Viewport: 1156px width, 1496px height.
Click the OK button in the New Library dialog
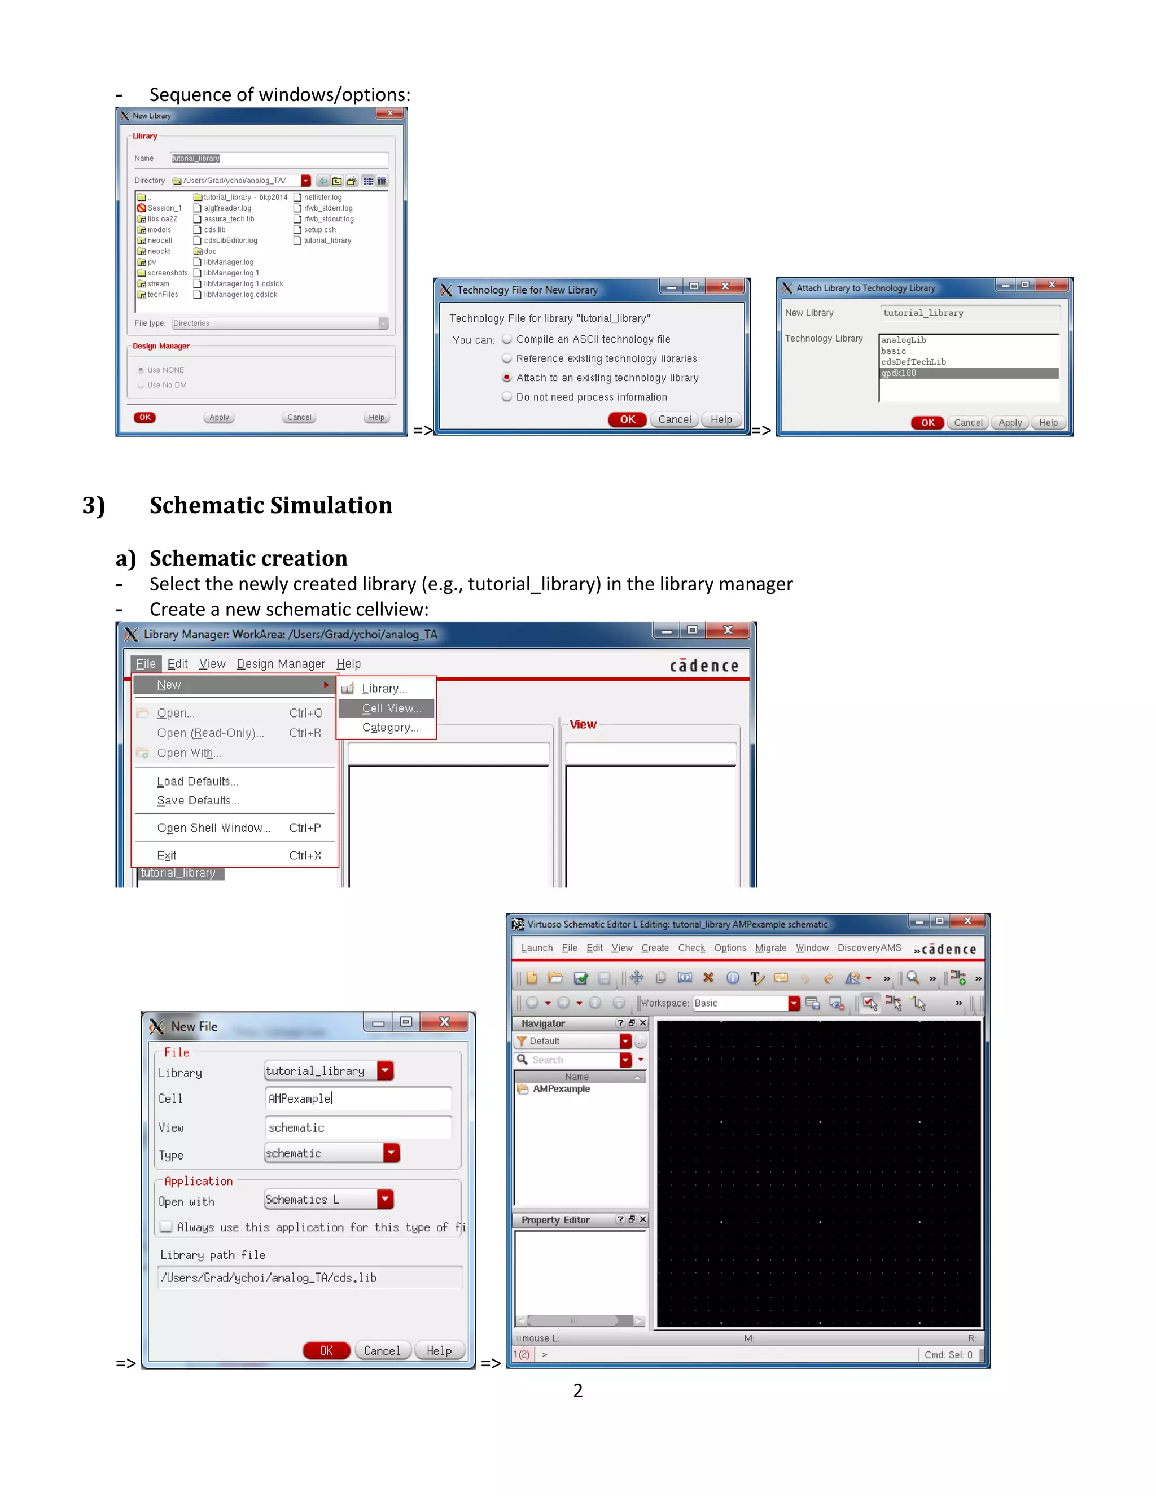(144, 417)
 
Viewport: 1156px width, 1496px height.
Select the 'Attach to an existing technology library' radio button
(507, 378)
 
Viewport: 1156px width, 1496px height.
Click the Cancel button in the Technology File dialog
(675, 420)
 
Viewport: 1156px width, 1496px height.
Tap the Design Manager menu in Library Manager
(281, 664)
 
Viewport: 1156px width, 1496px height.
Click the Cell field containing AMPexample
(357, 1099)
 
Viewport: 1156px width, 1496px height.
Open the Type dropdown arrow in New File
(391, 1153)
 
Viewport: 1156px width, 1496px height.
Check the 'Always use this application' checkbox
(166, 1227)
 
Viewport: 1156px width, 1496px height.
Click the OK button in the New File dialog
(326, 1350)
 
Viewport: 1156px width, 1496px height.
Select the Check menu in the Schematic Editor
(691, 948)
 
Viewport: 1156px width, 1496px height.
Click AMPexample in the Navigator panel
(561, 1089)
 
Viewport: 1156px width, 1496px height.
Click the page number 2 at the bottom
(578, 1390)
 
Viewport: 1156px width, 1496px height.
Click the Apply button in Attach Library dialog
(1009, 423)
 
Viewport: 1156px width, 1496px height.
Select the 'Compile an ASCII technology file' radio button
(507, 339)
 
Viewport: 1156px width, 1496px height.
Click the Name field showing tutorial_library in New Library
(278, 158)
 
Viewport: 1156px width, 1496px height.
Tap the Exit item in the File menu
(167, 855)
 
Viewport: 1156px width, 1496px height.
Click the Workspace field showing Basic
(739, 1003)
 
